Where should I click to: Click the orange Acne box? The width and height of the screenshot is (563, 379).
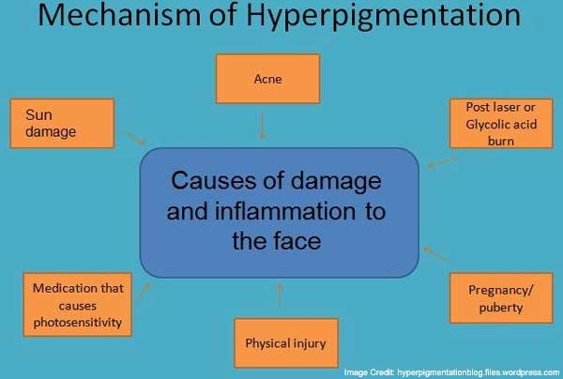click(267, 79)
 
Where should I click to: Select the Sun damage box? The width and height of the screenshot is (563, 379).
click(62, 124)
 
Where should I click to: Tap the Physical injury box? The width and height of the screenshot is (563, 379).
click(286, 343)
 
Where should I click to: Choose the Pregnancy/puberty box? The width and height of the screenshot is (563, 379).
click(501, 298)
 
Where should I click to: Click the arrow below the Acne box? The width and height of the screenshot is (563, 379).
click(262, 127)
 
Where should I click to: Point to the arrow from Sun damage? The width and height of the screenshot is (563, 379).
click(135, 139)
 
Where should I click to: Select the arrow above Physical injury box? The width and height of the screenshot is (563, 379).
click(280, 296)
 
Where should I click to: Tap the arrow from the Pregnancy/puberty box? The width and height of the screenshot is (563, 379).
click(434, 253)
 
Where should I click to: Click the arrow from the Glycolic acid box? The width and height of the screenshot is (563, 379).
click(443, 162)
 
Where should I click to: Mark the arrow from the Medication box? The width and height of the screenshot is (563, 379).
click(144, 291)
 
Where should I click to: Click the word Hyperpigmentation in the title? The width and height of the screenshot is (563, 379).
click(384, 16)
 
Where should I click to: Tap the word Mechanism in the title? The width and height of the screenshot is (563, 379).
click(119, 15)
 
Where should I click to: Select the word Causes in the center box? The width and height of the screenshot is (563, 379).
click(214, 180)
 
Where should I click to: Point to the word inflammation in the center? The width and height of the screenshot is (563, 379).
click(285, 211)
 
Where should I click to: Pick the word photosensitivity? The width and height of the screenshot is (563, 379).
click(78, 323)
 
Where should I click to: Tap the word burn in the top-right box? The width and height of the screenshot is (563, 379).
click(501, 141)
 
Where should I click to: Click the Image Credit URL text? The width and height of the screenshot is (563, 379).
click(479, 372)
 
